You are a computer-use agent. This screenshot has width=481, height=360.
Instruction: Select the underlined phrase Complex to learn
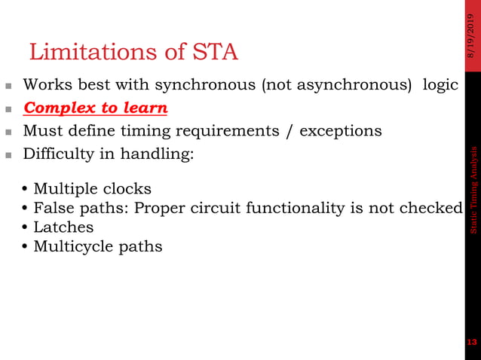pyautogui.click(x=96, y=108)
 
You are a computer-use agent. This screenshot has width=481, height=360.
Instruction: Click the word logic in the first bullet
pyautogui.click(x=440, y=85)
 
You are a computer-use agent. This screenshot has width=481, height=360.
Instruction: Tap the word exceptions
pyautogui.click(x=341, y=131)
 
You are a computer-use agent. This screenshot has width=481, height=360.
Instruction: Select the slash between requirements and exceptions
pyautogui.click(x=290, y=131)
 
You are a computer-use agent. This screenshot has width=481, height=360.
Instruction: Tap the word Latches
pyautogui.click(x=63, y=227)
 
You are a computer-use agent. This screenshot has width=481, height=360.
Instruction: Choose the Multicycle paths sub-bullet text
pyautogui.click(x=97, y=246)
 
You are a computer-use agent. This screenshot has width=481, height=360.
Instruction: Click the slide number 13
pyautogui.click(x=473, y=343)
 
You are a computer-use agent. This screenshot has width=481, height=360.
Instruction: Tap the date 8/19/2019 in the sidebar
pyautogui.click(x=472, y=35)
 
